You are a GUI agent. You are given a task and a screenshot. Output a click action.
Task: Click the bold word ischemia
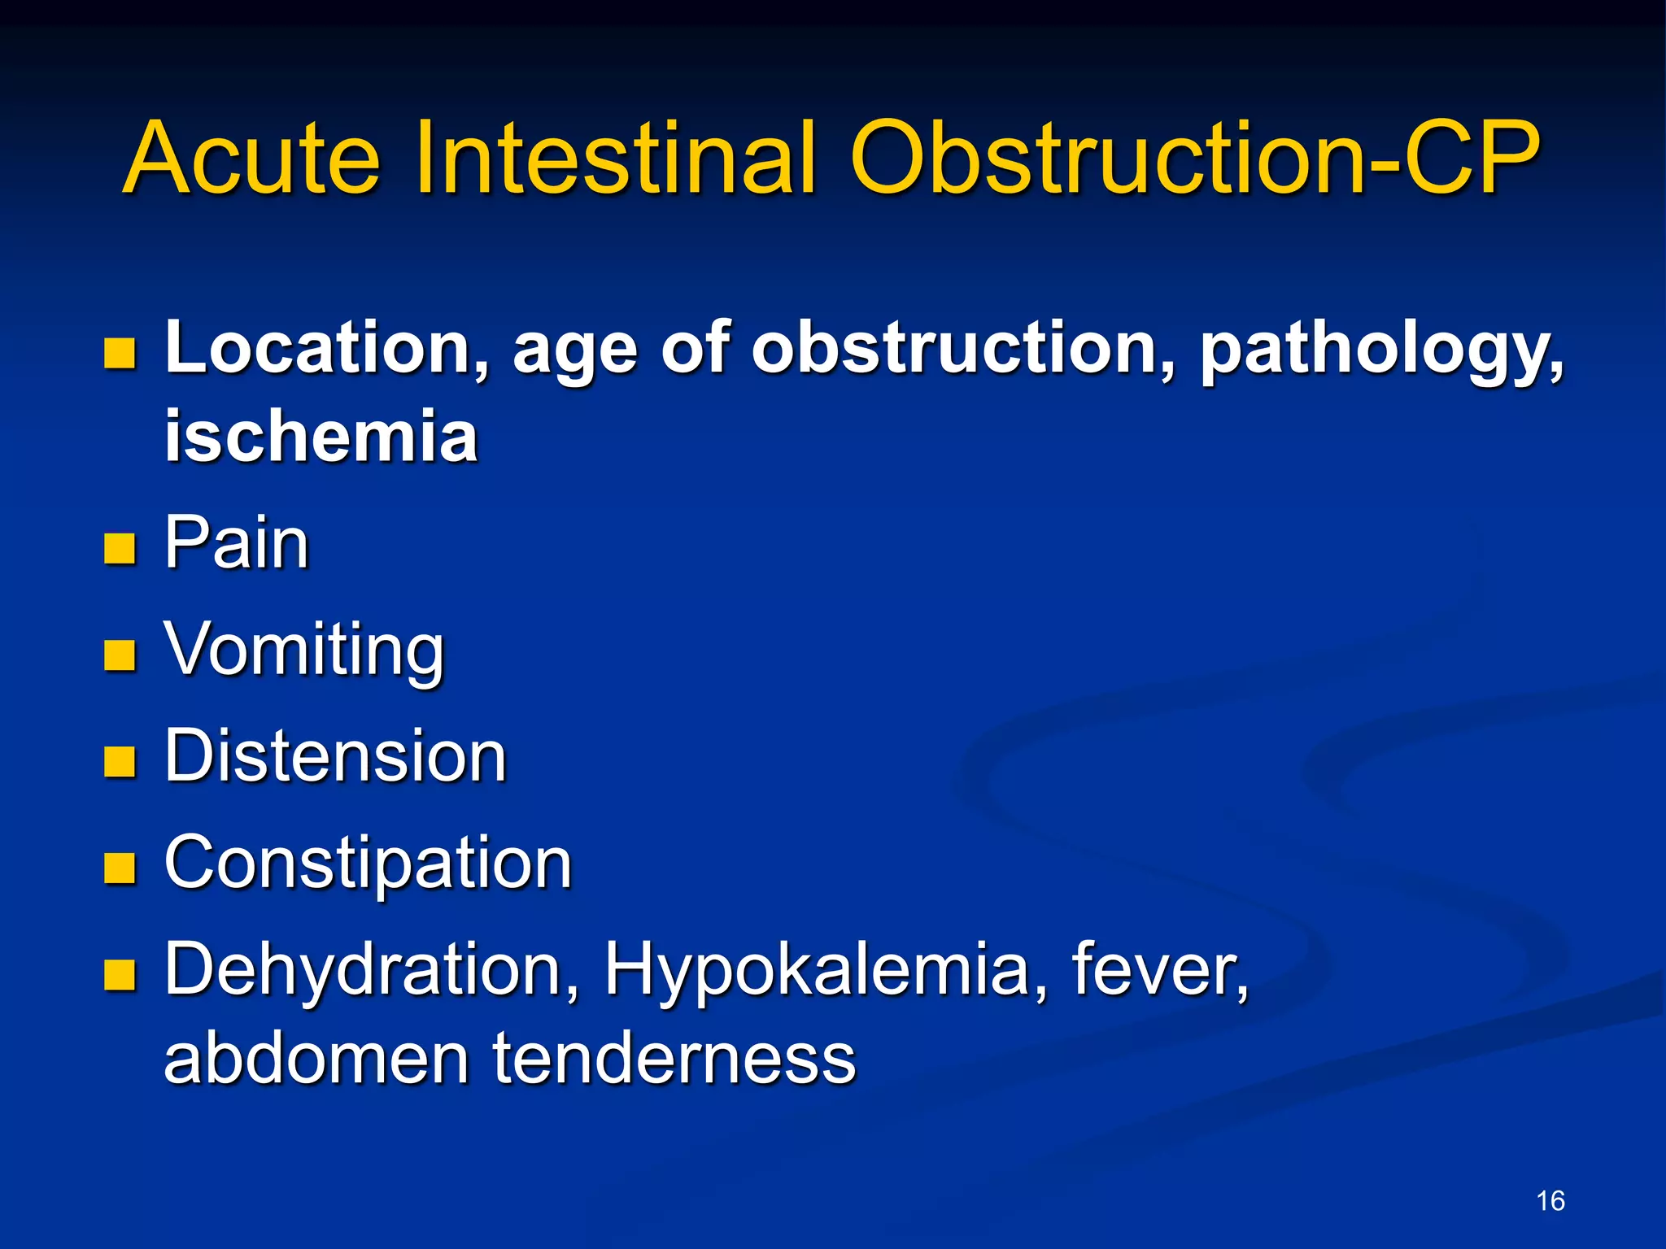click(x=321, y=437)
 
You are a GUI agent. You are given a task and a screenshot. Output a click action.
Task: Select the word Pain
click(x=237, y=542)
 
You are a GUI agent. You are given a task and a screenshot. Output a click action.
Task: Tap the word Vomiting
click(x=304, y=651)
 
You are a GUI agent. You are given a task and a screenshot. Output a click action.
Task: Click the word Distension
click(x=335, y=756)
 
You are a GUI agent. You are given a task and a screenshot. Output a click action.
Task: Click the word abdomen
click(x=316, y=1059)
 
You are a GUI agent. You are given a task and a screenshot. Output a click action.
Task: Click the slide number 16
click(x=1550, y=1201)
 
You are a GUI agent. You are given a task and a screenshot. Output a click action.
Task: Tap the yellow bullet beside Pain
click(x=120, y=549)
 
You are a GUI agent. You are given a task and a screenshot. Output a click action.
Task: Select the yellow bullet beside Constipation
click(x=120, y=868)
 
